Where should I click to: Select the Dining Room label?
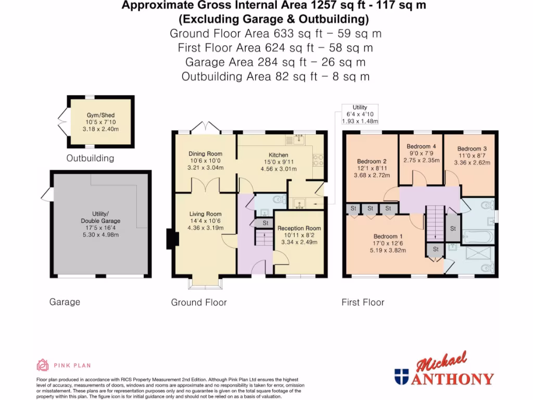point(205,154)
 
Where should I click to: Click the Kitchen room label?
point(278,155)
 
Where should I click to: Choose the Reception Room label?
point(299,228)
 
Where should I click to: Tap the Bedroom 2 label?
point(372,161)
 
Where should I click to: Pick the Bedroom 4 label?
point(421,146)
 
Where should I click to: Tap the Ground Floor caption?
point(199,302)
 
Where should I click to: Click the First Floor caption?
point(363,302)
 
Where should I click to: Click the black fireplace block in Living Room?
point(172,239)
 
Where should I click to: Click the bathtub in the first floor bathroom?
point(477,237)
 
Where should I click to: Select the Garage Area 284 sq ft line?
point(275,62)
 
